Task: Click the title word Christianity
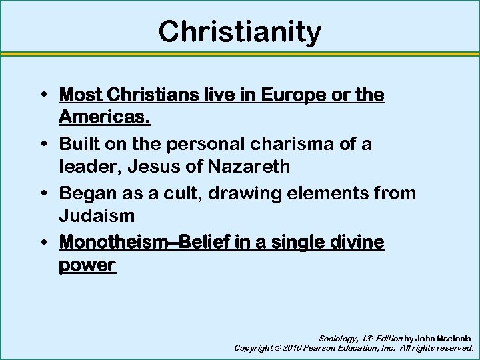[x=239, y=31]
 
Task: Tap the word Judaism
[x=97, y=215]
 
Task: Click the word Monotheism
[x=110, y=242]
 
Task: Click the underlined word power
[x=87, y=265]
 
